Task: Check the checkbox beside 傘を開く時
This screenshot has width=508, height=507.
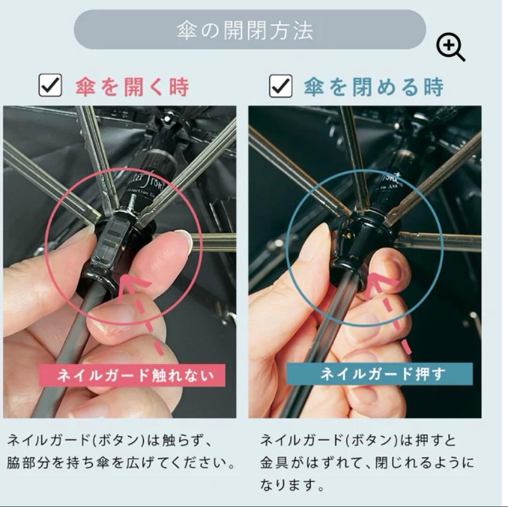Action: pos(50,86)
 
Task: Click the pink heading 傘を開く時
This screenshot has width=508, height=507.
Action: pos(132,87)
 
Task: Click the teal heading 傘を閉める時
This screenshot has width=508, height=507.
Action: pos(373,87)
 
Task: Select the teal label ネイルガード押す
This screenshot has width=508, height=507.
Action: pos(379,374)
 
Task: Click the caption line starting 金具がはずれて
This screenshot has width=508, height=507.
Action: pos(367,463)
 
